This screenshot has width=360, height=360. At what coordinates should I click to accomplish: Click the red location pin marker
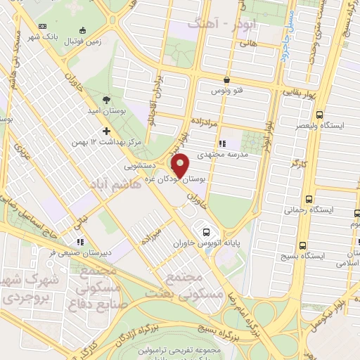(x=181, y=166)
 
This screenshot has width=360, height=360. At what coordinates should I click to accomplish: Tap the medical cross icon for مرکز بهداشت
(x=106, y=131)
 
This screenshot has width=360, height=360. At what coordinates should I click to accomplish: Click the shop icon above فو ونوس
(x=226, y=80)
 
